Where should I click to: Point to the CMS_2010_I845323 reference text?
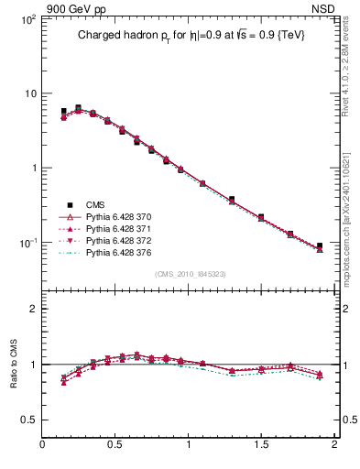(x=190, y=274)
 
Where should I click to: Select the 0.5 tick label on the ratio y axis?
(x=28, y=420)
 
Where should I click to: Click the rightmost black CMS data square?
(x=320, y=245)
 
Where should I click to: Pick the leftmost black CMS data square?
(x=63, y=111)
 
